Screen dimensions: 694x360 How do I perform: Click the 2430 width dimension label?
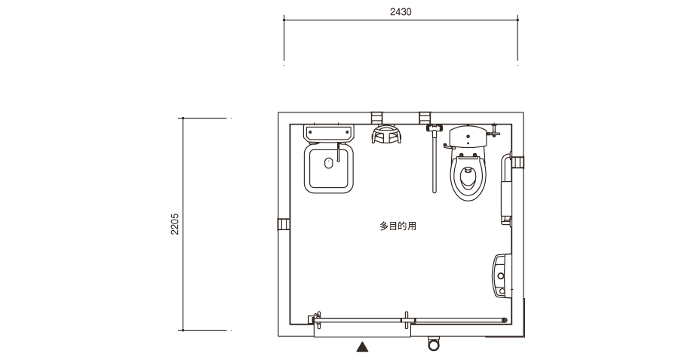(401, 12)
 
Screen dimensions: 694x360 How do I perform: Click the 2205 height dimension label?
(175, 224)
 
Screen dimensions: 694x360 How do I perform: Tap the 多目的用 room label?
(398, 226)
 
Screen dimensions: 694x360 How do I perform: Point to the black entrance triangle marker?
(363, 346)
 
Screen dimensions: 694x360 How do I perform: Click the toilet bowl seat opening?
(468, 177)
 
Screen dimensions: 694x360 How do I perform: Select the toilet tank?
(468, 137)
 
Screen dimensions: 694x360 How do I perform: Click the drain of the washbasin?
(328, 163)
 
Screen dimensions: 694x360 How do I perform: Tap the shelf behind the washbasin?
(328, 133)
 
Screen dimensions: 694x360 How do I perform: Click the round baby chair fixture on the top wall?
(386, 135)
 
